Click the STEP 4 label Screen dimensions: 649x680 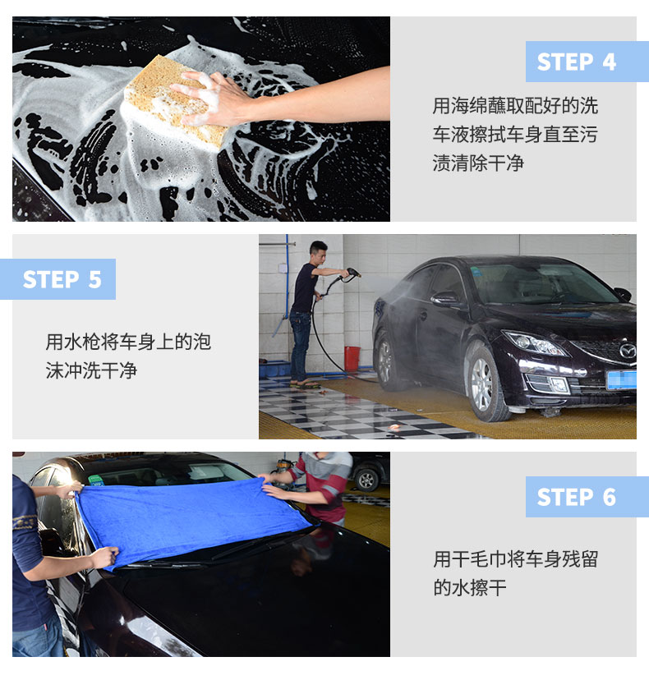[x=576, y=62]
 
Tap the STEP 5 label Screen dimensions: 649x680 [x=62, y=279]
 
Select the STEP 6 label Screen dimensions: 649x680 [x=576, y=497]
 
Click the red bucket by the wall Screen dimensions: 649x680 [x=352, y=359]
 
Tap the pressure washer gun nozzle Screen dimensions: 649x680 [x=353, y=273]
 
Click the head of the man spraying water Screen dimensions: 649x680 [x=319, y=253]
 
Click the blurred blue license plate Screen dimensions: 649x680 [x=621, y=380]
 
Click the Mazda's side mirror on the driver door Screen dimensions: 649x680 [x=445, y=299]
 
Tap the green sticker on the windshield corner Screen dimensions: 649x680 [x=96, y=480]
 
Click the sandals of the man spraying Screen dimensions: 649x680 [x=306, y=384]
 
